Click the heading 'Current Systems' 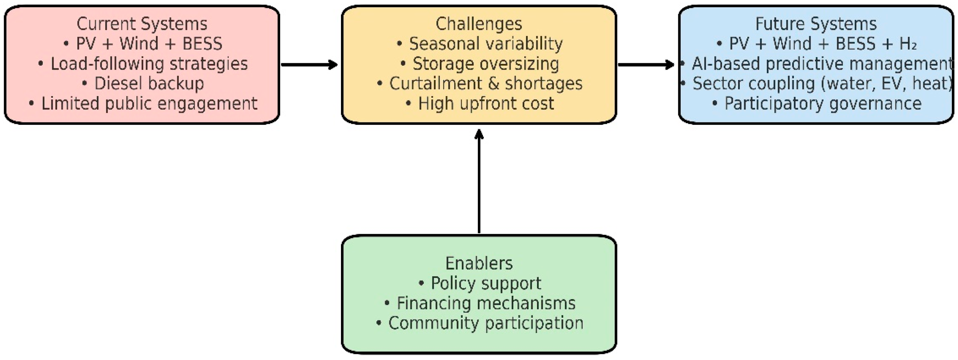[142, 24]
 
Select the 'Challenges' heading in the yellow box [478, 24]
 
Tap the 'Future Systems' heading [816, 24]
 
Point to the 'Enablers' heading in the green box [479, 263]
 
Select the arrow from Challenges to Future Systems [646, 65]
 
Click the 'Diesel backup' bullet [149, 84]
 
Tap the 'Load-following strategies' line [149, 64]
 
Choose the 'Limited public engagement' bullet [149, 104]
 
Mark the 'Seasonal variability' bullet [485, 44]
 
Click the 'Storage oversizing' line [485, 64]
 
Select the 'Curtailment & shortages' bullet [485, 84]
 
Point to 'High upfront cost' [485, 104]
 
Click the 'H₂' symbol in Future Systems [908, 44]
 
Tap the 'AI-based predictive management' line [822, 64]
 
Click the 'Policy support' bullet [485, 283]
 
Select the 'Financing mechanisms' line [485, 303]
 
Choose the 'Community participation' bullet [485, 323]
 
